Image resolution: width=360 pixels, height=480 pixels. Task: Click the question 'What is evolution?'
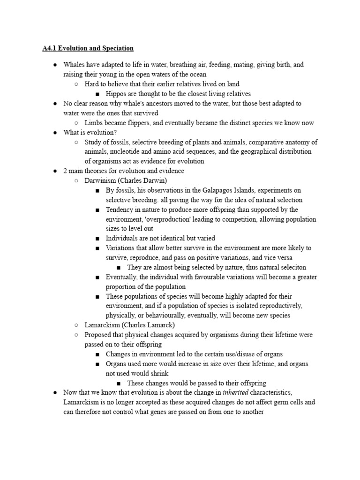pos(90,133)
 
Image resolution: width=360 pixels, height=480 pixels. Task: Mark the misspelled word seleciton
pos(291,267)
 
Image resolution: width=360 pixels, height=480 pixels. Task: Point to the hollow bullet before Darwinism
pos(76,180)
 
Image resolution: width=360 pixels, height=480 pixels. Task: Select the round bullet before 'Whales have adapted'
pos(55,65)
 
